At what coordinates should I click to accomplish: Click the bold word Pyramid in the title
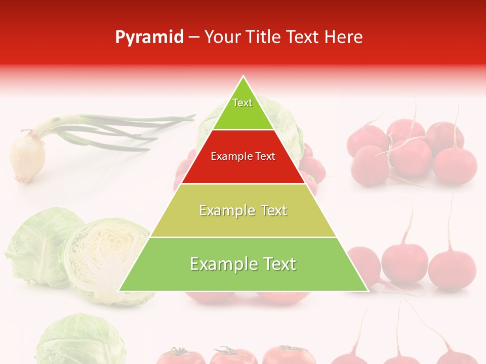(149, 37)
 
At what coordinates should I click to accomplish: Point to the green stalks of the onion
(127, 129)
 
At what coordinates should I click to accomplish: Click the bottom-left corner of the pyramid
(120, 291)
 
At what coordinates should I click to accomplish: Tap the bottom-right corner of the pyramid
(367, 291)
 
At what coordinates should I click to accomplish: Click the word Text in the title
(303, 37)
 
